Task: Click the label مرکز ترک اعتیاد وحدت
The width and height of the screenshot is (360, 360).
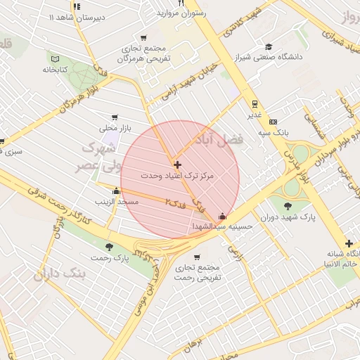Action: click(176, 174)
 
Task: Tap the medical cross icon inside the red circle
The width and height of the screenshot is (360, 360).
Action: click(177, 165)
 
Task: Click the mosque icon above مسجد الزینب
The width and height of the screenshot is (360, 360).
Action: click(117, 191)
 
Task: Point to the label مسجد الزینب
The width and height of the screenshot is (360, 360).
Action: click(117, 202)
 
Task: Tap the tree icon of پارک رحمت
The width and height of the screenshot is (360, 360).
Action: click(109, 247)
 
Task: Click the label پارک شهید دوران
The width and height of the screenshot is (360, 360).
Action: click(288, 217)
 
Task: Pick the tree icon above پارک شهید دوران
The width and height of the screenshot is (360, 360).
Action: click(288, 206)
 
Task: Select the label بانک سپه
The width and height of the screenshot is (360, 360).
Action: click(274, 132)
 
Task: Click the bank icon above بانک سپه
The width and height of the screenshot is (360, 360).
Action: click(274, 122)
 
